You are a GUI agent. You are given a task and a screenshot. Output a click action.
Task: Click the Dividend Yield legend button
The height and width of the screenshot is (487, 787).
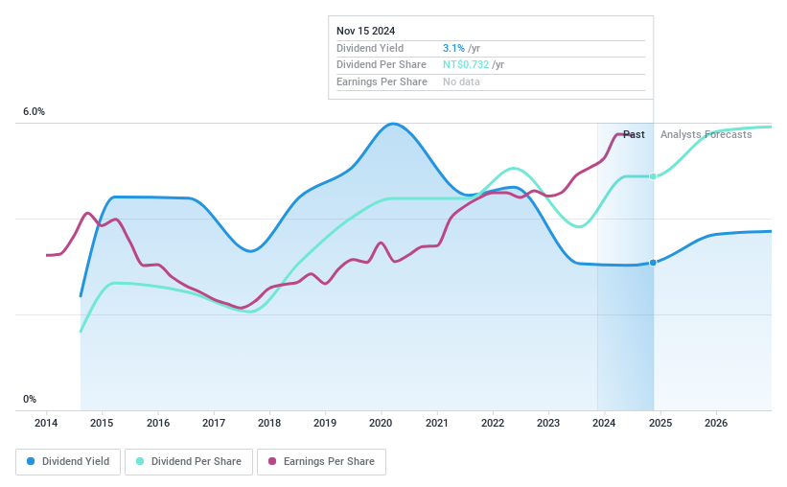tap(68, 461)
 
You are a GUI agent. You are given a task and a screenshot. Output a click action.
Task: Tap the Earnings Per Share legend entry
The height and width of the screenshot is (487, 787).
tap(321, 461)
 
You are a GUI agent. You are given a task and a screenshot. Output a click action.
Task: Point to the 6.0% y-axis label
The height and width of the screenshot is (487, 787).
tap(34, 112)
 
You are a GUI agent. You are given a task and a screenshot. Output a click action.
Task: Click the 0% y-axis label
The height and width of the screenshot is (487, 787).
tap(30, 399)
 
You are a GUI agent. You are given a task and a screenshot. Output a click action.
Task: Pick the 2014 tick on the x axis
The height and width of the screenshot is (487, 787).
tap(47, 423)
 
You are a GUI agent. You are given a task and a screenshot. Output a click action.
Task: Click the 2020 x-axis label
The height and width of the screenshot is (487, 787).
tap(381, 423)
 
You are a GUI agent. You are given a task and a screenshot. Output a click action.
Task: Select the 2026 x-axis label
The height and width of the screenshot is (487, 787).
tap(715, 423)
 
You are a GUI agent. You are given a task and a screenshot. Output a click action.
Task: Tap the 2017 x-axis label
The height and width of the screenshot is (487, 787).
tap(214, 423)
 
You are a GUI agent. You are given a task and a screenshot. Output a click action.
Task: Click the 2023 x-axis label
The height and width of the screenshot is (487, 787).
tap(548, 423)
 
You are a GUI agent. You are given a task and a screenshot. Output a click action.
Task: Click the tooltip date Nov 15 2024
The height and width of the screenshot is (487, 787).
tap(365, 31)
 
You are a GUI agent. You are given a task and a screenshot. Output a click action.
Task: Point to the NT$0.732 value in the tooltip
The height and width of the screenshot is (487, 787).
tap(466, 65)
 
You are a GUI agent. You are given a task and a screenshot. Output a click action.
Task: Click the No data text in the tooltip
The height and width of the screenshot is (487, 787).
tap(461, 81)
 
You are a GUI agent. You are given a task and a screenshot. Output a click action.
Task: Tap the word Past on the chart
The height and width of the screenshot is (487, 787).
tap(634, 134)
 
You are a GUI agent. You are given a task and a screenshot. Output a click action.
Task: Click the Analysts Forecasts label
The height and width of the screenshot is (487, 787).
tap(706, 134)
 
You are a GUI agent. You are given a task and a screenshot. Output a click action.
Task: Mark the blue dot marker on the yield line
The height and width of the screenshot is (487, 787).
tap(653, 263)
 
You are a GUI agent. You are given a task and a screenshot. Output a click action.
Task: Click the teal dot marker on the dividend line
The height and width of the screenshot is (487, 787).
tap(653, 176)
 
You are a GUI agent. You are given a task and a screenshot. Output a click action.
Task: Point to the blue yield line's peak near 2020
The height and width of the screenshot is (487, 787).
tap(392, 124)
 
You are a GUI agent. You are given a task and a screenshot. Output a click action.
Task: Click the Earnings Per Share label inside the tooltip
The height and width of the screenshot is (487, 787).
tap(382, 81)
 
